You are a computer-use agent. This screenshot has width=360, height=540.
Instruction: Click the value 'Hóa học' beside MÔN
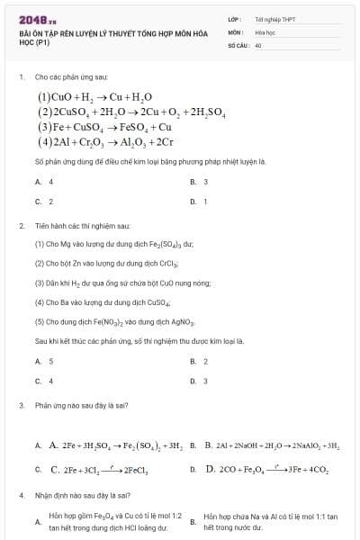click(x=265, y=31)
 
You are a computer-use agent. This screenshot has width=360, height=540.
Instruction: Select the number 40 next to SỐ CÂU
click(x=258, y=44)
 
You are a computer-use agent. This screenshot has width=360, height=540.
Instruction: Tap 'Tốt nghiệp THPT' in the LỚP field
click(x=274, y=18)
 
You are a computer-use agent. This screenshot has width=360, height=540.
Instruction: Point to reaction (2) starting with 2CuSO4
click(x=130, y=112)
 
